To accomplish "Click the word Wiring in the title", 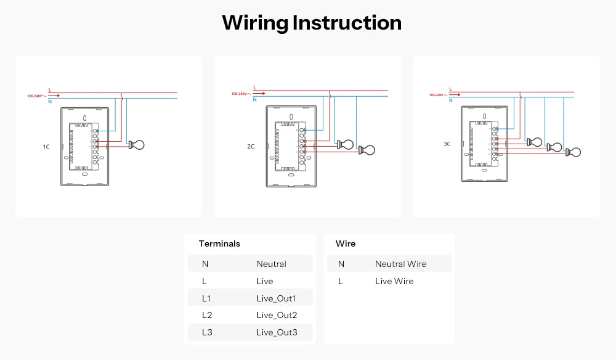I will pyautogui.click(x=254, y=23).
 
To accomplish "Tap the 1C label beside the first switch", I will pyautogui.click(x=46, y=147).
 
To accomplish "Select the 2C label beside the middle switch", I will pyautogui.click(x=251, y=147).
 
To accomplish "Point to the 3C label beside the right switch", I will pyautogui.click(x=447, y=144).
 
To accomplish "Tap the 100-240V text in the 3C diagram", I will pyautogui.click(x=437, y=95).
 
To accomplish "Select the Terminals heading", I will pyautogui.click(x=219, y=243).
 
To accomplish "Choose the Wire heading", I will pyautogui.click(x=346, y=243).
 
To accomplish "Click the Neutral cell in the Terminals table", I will pyautogui.click(x=271, y=264).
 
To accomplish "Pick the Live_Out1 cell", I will pyautogui.click(x=277, y=298).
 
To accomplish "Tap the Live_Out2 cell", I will pyautogui.click(x=277, y=316).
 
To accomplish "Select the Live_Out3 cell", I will pyautogui.click(x=277, y=333).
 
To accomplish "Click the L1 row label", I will pyautogui.click(x=206, y=298).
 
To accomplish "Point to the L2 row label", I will pyautogui.click(x=206, y=316).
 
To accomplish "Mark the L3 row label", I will pyautogui.click(x=206, y=333).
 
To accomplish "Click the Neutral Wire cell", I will pyautogui.click(x=400, y=264).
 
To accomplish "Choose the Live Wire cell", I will pyautogui.click(x=394, y=281).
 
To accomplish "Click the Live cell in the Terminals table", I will pyautogui.click(x=265, y=281).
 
